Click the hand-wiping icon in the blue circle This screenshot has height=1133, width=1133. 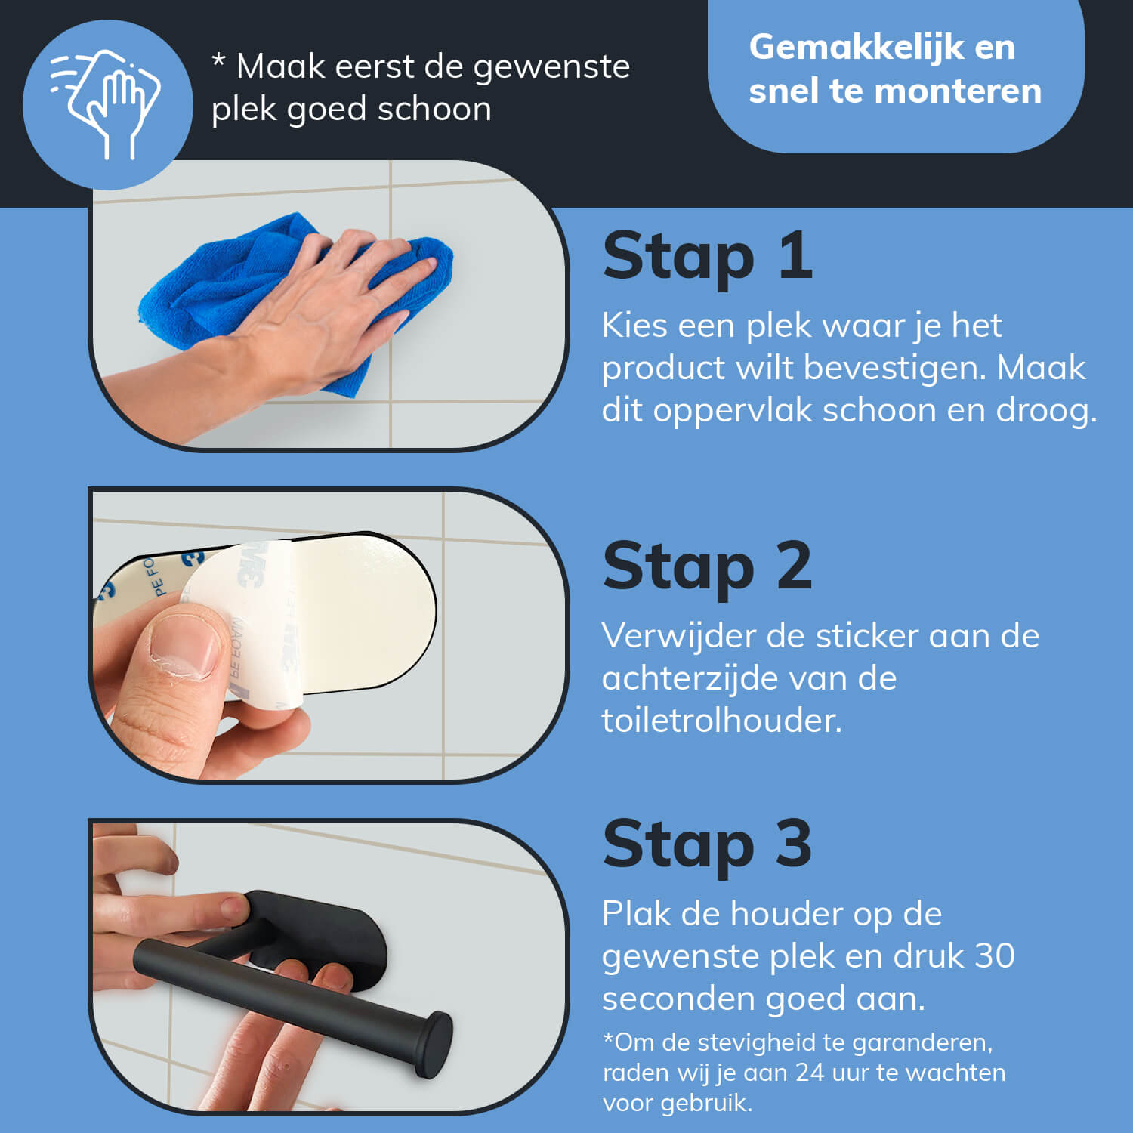point(106,103)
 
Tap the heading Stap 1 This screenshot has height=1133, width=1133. point(707,257)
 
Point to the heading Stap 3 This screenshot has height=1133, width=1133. point(707,844)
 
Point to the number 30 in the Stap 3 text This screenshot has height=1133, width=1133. point(994,956)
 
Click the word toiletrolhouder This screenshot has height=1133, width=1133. point(721,721)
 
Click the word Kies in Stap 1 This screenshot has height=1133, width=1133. point(634,326)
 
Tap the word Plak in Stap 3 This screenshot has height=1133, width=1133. point(635,914)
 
